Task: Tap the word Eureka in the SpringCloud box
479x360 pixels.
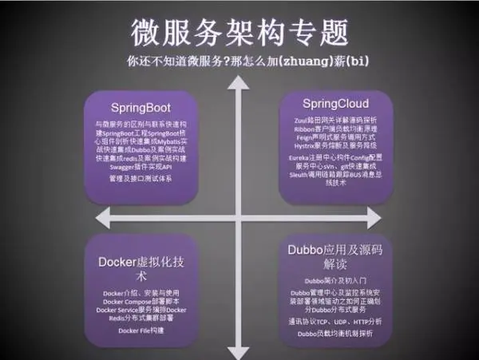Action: [x=297, y=158]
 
